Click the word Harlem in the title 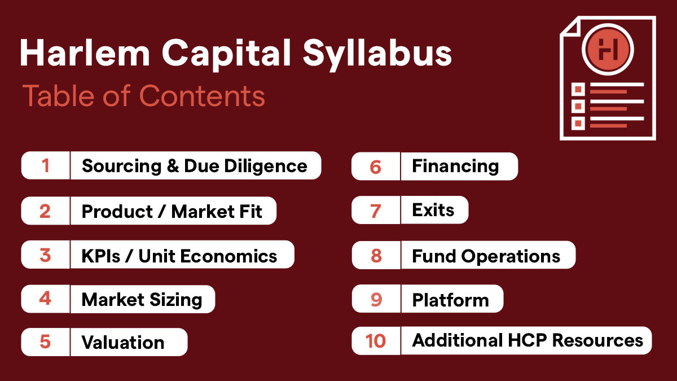(85, 52)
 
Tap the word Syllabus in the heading (377, 54)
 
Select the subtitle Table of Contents (144, 96)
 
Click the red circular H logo (608, 49)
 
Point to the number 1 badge (46, 165)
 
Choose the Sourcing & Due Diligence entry (194, 166)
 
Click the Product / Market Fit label (172, 211)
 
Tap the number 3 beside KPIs (45, 255)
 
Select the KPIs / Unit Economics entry (179, 256)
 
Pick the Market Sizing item (142, 300)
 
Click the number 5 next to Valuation (45, 341)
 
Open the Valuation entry (123, 342)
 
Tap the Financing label (455, 167)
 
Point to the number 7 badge (376, 210)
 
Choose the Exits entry (433, 210)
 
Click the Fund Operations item (486, 256)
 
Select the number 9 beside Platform (376, 299)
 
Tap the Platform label (451, 300)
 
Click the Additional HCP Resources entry (527, 340)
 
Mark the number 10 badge (376, 340)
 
